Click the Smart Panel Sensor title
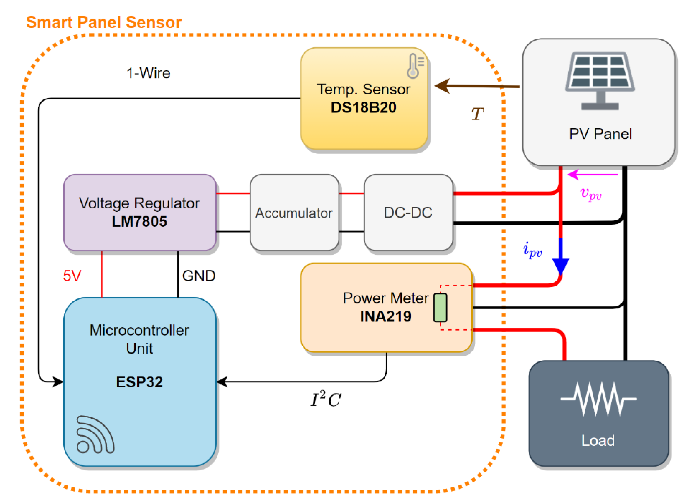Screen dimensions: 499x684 tap(104, 22)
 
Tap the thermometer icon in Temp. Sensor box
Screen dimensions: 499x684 tap(415, 66)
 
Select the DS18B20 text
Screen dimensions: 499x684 tap(363, 108)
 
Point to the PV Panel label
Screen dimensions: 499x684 tap(600, 134)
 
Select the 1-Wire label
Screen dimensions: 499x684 tap(148, 73)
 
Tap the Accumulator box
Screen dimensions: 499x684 tap(294, 212)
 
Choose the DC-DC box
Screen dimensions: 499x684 tap(408, 212)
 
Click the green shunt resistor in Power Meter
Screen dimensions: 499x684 tap(440, 307)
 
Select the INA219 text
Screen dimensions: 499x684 tap(385, 317)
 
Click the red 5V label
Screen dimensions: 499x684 tap(72, 275)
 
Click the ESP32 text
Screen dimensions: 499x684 tap(139, 382)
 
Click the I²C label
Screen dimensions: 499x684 tap(326, 399)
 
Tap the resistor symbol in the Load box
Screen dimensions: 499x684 tap(598, 399)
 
